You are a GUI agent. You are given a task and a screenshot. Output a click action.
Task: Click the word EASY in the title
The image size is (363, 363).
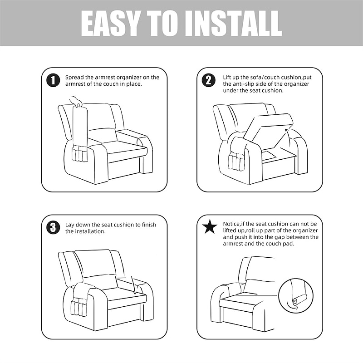(110, 24)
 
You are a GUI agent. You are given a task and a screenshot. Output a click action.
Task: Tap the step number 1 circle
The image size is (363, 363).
(53, 80)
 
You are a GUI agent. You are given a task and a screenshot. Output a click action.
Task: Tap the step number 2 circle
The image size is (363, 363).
(209, 80)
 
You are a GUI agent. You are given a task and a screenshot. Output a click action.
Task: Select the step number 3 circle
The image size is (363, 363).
(53, 228)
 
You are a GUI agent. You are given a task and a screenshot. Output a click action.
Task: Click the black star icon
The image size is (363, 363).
(210, 226)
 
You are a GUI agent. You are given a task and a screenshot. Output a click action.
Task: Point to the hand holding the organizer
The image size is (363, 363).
(76, 101)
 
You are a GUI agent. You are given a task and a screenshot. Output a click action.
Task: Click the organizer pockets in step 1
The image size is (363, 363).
(80, 154)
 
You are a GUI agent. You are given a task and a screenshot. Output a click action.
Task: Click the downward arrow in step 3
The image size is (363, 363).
(133, 285)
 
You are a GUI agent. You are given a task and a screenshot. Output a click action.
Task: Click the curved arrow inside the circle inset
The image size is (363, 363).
(292, 305)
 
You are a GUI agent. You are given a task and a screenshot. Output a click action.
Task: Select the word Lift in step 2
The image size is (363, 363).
(227, 77)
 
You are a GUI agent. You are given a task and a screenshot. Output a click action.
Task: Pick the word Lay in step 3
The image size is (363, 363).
(70, 225)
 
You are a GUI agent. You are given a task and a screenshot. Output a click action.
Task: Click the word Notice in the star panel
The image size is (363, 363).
(231, 224)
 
